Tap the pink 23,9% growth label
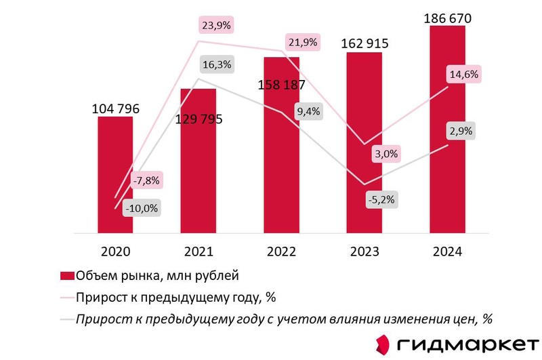(x=217, y=25)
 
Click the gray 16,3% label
(x=217, y=66)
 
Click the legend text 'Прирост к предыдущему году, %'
(x=176, y=297)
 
